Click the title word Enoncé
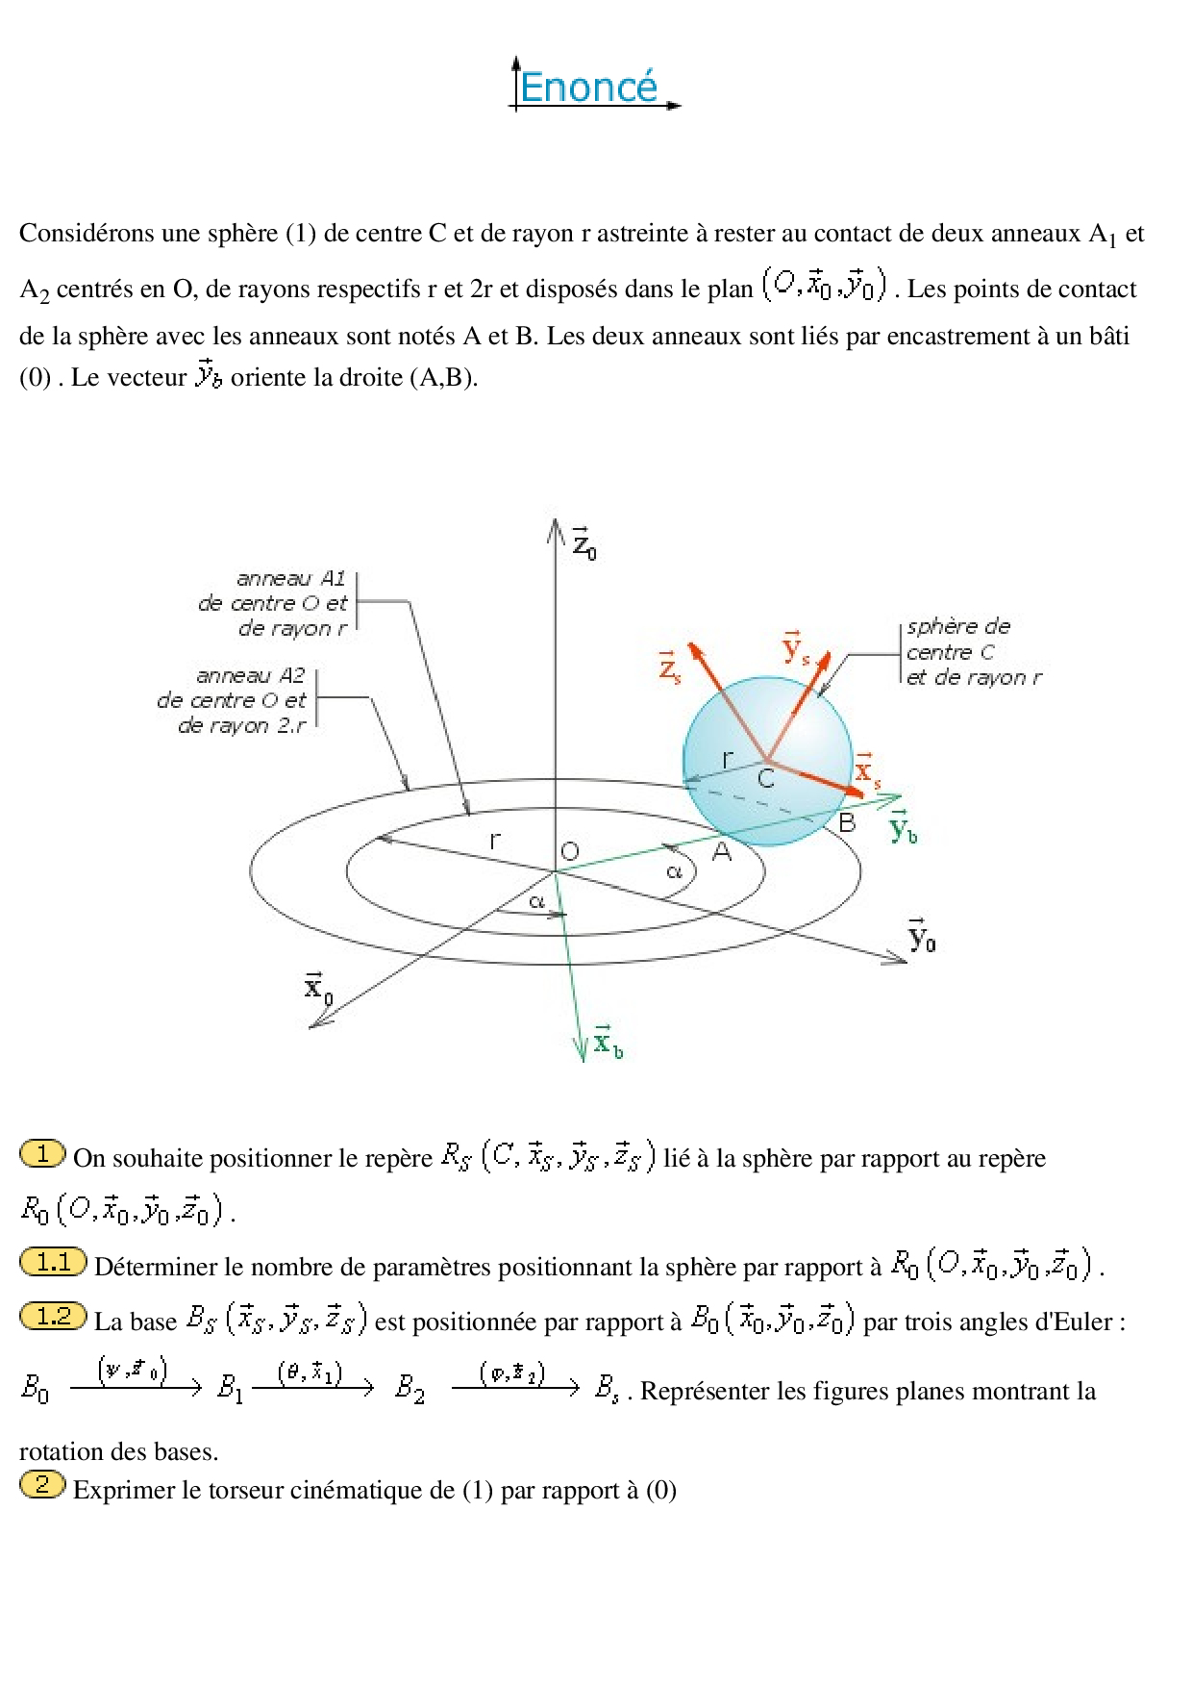click(588, 88)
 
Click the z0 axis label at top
click(584, 544)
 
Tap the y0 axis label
click(921, 936)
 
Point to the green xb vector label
click(607, 1042)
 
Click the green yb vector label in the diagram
click(902, 827)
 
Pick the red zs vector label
click(669, 666)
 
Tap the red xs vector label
click(867, 770)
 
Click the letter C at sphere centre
click(766, 778)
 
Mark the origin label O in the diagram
click(570, 851)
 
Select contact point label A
click(721, 851)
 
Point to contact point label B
click(847, 822)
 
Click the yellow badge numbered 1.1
click(54, 1262)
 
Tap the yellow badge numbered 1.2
click(54, 1316)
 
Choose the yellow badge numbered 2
click(42, 1484)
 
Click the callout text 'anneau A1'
click(290, 578)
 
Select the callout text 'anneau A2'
click(250, 675)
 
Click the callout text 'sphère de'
click(958, 626)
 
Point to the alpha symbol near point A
click(675, 871)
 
